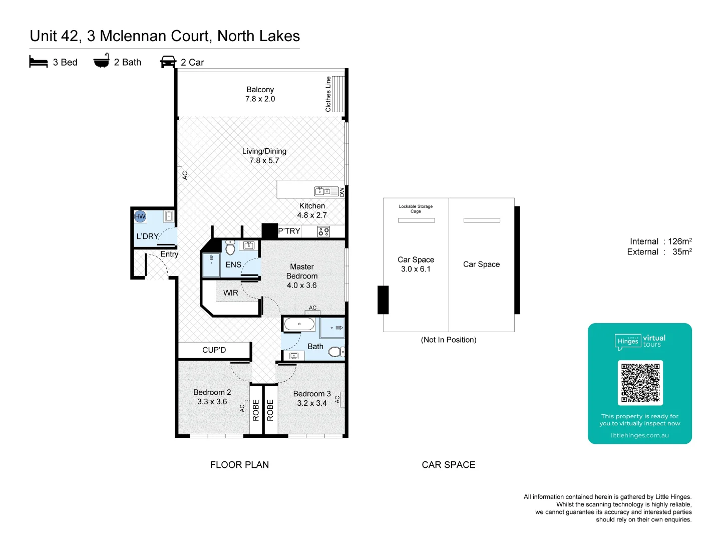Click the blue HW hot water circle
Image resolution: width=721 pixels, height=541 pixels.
(x=140, y=216)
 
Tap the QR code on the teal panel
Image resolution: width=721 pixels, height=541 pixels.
(x=640, y=382)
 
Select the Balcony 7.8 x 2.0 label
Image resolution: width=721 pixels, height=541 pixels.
(x=260, y=94)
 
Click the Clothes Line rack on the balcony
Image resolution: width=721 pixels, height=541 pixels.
(x=338, y=94)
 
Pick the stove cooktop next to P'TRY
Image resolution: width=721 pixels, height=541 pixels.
(x=323, y=231)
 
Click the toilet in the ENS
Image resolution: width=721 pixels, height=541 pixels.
(x=230, y=247)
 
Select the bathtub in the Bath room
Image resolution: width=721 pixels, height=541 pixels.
(x=299, y=324)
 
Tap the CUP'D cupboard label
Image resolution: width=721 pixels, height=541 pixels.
(x=214, y=350)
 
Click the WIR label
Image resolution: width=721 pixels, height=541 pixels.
(x=230, y=293)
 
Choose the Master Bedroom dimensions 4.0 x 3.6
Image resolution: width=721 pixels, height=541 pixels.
(x=301, y=285)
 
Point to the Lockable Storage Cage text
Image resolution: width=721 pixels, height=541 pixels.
(x=416, y=208)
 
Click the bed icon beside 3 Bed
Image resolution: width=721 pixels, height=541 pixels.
(x=39, y=62)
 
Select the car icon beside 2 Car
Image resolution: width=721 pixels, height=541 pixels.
(x=168, y=62)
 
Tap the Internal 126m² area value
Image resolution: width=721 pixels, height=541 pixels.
(x=679, y=241)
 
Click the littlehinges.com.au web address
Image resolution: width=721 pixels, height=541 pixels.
(x=639, y=435)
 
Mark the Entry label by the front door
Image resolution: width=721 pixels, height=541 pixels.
(x=169, y=254)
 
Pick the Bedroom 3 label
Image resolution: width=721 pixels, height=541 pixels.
(x=312, y=394)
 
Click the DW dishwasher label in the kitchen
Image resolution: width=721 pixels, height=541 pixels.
(x=342, y=192)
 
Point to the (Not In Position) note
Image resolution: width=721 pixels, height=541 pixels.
(x=448, y=340)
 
